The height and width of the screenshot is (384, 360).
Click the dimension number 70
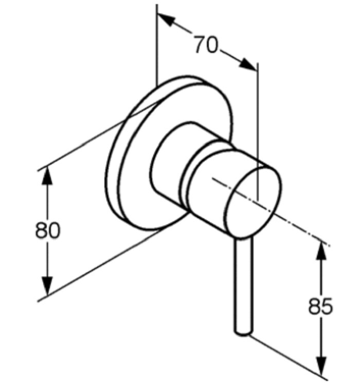coord(205,45)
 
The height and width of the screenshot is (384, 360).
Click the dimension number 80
coord(47,231)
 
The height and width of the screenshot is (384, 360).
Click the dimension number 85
coord(320,306)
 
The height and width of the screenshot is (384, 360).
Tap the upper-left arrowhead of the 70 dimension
coord(167,20)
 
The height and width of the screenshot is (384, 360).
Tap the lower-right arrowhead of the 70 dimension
coord(248,64)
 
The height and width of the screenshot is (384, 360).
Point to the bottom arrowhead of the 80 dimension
coord(47,286)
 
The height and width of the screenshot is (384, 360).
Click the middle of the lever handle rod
coord(243,285)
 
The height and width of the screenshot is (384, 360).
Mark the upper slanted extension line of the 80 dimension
coord(98,135)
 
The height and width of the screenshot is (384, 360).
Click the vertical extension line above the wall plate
coord(157,45)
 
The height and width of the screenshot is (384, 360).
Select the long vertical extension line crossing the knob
coord(258,132)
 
